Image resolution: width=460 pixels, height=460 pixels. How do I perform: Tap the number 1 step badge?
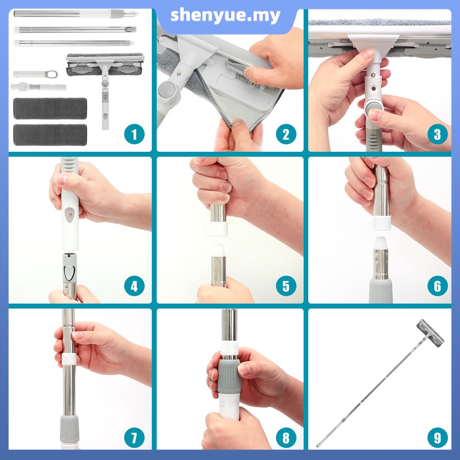point(134,135)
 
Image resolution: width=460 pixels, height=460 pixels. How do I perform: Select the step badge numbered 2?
point(286,135)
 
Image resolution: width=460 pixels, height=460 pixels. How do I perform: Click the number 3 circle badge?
point(438,135)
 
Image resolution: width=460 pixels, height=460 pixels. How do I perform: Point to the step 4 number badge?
point(134,286)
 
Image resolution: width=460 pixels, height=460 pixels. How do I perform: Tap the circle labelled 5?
point(286,286)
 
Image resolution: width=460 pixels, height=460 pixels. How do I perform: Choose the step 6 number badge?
point(438,286)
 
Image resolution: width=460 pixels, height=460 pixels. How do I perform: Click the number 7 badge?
point(134,438)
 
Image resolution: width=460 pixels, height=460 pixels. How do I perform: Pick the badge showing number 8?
point(286,438)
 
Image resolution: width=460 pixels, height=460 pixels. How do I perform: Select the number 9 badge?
point(438,438)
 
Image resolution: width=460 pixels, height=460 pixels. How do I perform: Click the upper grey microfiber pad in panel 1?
point(50,108)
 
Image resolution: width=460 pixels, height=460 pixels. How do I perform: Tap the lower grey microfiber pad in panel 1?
point(50,135)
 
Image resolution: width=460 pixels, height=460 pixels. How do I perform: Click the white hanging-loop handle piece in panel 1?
point(35,74)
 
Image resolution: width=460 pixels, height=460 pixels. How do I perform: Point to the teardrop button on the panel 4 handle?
point(70,215)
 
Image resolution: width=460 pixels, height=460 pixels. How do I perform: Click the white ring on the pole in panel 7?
point(69,359)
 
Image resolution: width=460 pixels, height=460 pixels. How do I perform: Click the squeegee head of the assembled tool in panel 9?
point(430,333)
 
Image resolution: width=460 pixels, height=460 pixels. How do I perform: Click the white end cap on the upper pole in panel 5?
point(219,229)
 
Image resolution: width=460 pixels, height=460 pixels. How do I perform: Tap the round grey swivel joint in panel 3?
point(374,108)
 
